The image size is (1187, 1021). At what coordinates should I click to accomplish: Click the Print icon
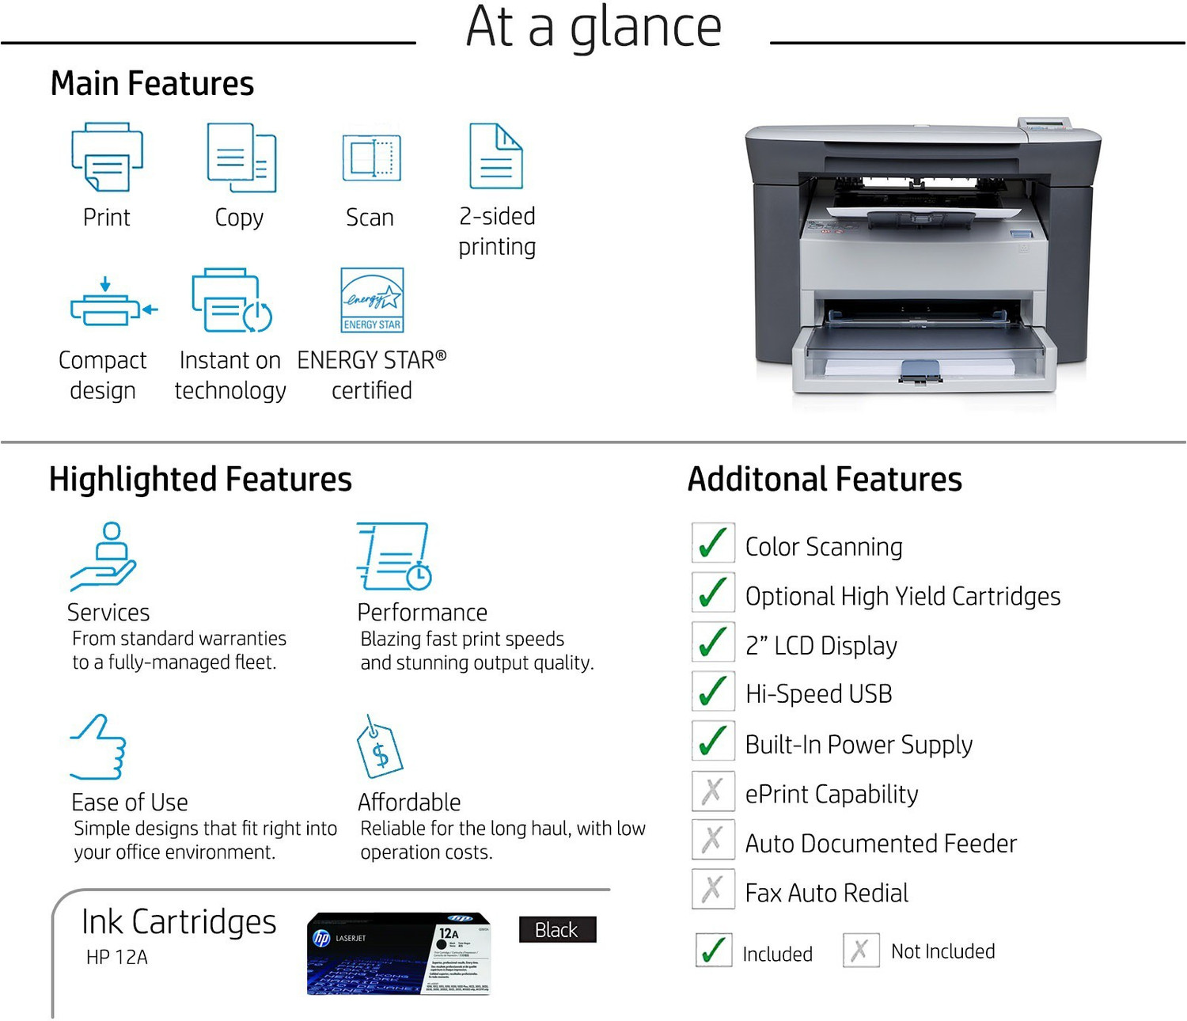[x=107, y=157]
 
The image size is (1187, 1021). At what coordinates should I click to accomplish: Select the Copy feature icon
[x=241, y=158]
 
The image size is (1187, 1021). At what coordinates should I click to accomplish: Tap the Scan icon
[x=371, y=158]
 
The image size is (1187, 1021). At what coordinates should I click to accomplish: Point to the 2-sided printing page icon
[x=496, y=156]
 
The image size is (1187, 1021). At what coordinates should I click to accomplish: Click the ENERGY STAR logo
[x=372, y=300]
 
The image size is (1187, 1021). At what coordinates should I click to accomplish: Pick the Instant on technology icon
[x=231, y=300]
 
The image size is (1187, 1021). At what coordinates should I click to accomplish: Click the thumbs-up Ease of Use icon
[x=98, y=747]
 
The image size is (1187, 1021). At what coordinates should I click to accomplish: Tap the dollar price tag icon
[x=379, y=748]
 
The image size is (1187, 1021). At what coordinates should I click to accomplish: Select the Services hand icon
[x=104, y=556]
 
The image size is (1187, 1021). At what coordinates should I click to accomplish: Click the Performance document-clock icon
[x=394, y=556]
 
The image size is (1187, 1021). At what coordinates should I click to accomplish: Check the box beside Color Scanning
[x=713, y=543]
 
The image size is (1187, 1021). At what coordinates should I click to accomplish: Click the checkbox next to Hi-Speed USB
[x=713, y=691]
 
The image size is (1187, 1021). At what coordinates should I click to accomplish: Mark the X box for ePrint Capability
[x=713, y=791]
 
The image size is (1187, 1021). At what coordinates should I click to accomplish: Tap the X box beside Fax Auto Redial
[x=713, y=889]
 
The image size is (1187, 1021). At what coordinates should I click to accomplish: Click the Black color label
[x=557, y=930]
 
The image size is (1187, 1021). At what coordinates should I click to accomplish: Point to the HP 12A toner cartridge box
[x=399, y=953]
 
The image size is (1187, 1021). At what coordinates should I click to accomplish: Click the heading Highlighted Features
[x=200, y=480]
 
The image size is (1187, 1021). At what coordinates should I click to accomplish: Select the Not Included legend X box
[x=861, y=950]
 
